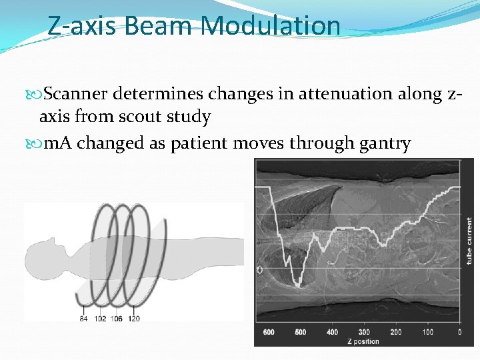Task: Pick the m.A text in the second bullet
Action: [x=57, y=143]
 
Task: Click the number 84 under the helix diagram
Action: [x=83, y=318]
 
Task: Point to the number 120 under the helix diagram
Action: [x=134, y=318]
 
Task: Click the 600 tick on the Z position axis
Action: [x=268, y=331]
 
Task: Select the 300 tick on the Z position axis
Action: [x=364, y=331]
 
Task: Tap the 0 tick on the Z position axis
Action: [x=459, y=331]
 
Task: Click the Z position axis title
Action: [x=363, y=341]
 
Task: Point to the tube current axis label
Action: [x=469, y=241]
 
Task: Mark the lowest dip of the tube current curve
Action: [x=299, y=285]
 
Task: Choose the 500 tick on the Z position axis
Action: [x=300, y=331]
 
